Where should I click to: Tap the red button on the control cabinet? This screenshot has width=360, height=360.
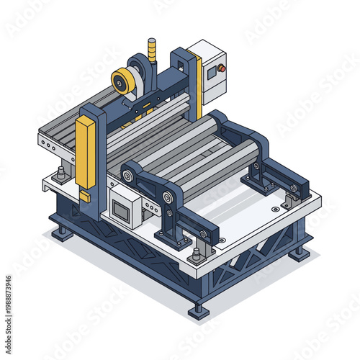click(222, 68)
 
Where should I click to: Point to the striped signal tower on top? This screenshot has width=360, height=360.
click(152, 50)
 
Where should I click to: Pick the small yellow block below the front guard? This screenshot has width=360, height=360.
click(85, 196)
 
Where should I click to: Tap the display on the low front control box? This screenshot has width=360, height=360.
click(120, 210)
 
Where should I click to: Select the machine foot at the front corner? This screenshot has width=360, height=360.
click(198, 310)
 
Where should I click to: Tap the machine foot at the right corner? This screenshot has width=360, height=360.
click(299, 253)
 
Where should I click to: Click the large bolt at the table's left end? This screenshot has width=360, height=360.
click(61, 173)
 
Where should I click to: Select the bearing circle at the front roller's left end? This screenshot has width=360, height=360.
click(167, 198)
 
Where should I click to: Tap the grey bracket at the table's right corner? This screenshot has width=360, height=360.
click(292, 198)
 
